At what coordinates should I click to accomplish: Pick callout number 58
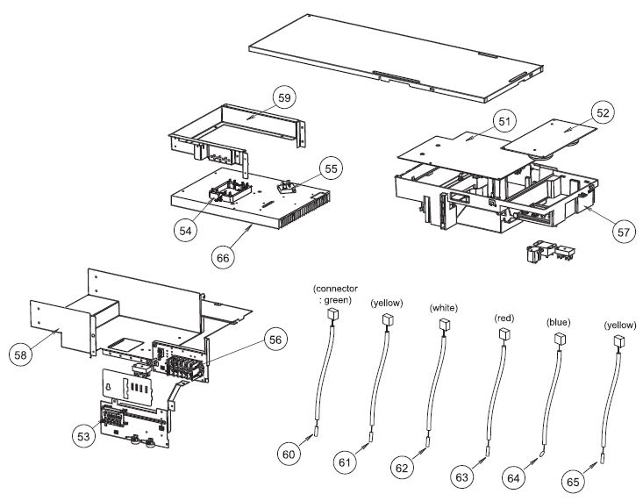point(21,354)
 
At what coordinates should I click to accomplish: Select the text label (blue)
point(559,322)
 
